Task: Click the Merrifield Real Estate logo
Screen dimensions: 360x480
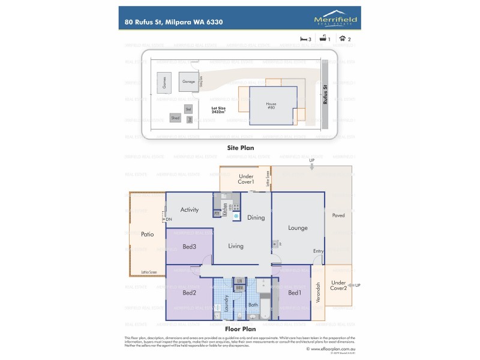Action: (336, 20)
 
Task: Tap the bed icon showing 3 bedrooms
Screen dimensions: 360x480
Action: (304, 38)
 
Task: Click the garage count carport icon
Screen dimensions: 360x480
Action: (343, 38)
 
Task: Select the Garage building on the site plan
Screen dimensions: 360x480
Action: (188, 82)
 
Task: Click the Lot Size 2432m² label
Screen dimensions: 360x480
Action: (218, 110)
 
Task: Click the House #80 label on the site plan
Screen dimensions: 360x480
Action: (271, 105)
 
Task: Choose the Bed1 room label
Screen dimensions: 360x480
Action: (294, 292)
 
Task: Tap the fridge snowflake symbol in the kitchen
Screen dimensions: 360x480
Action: (236, 215)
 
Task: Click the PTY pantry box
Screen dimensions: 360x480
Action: (217, 214)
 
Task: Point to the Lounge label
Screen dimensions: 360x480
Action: (298, 228)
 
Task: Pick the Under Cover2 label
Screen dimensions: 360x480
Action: (338, 286)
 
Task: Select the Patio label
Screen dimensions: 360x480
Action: (148, 234)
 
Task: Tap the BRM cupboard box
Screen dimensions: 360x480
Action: (239, 288)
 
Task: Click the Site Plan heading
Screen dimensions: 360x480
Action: (240, 147)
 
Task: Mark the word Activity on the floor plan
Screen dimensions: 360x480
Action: (190, 209)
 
